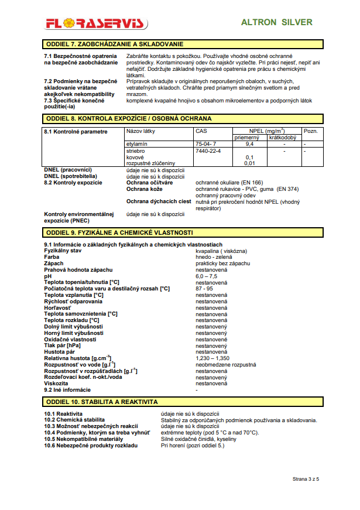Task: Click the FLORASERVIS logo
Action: (97, 23)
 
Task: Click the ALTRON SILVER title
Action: (277, 22)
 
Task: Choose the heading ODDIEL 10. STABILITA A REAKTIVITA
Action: (101, 402)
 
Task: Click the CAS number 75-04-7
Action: (206, 143)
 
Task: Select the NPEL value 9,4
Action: (249, 143)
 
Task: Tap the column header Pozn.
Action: (311, 131)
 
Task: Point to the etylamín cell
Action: (136, 143)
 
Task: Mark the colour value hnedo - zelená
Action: (214, 257)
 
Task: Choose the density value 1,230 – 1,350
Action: (212, 358)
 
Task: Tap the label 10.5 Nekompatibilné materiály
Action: (84, 439)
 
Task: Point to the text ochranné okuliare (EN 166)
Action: (229, 183)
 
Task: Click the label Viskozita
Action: (57, 384)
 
